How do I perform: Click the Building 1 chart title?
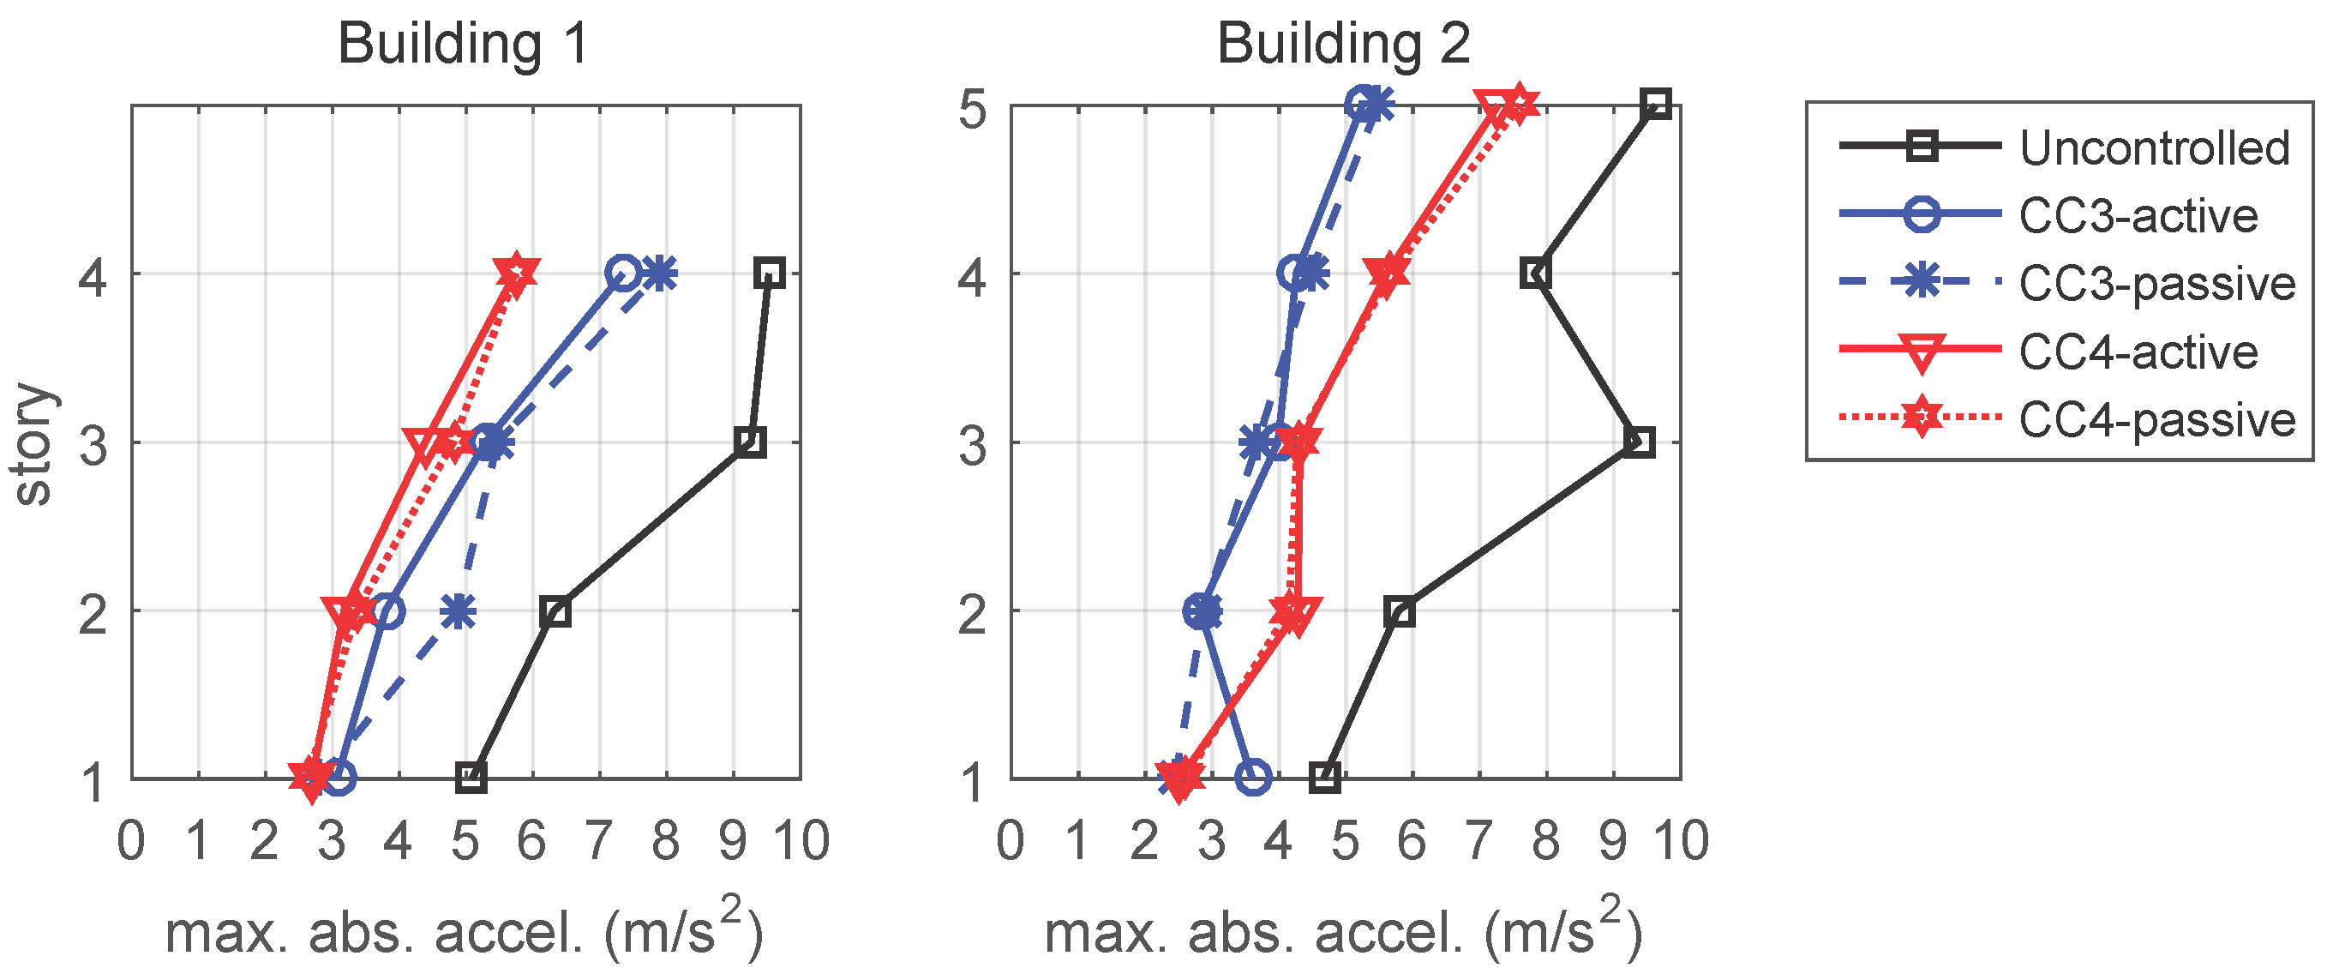(464, 44)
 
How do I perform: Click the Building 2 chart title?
(1343, 44)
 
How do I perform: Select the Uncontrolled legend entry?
(2155, 147)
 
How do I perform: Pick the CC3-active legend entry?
(2138, 216)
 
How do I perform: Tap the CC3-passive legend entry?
(2156, 284)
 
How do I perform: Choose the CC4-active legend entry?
(2138, 352)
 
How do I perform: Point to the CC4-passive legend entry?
(2156, 419)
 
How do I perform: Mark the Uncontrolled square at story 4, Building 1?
(770, 272)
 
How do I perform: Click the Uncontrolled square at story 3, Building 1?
(750, 442)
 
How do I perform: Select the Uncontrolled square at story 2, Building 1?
(555, 611)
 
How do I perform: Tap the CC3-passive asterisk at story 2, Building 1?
(459, 611)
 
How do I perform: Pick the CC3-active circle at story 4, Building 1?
(623, 272)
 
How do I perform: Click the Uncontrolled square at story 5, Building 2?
(1656, 104)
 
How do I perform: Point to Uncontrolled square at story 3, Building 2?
(1639, 442)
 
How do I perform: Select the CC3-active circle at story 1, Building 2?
(1254, 776)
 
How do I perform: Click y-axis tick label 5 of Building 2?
(972, 111)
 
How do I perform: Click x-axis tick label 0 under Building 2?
(1010, 840)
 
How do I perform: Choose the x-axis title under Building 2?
(1343, 930)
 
